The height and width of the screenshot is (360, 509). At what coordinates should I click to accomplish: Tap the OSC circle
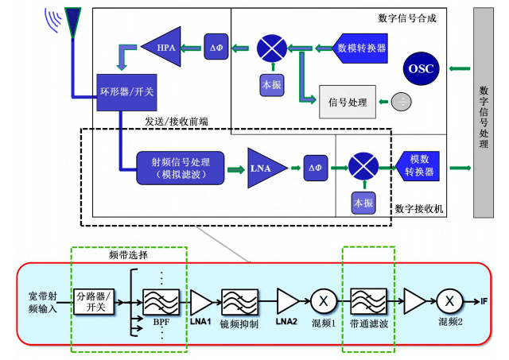point(422,68)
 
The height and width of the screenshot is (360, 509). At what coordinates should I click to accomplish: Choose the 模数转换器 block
point(418,167)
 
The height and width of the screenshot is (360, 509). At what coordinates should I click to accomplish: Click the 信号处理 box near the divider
point(347,102)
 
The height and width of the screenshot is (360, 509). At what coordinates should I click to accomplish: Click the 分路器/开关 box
point(95,301)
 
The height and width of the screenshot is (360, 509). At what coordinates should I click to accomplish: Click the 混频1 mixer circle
point(324,302)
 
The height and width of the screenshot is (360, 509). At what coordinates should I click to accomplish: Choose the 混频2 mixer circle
point(449,302)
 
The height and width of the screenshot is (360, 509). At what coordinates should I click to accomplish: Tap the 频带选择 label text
point(129,257)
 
